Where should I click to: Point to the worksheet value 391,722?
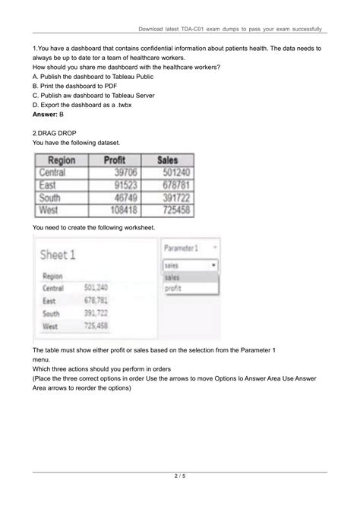click(x=95, y=314)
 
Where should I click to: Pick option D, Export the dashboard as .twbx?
click(x=85, y=104)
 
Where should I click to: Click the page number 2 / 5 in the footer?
click(x=180, y=476)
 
